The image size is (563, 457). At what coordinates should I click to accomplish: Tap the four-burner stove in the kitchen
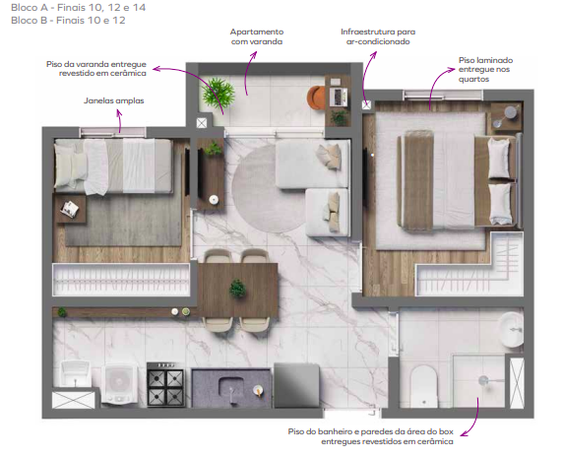165,383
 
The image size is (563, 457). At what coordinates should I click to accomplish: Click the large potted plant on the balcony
219,95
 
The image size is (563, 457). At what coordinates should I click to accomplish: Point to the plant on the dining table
237,289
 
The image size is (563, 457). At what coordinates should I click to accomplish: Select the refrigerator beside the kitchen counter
295,384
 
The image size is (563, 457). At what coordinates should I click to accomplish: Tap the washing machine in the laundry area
121,383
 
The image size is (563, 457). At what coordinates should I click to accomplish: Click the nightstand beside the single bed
72,208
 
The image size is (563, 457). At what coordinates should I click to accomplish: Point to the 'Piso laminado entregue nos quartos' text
485,69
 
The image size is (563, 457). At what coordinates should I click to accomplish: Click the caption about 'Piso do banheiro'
371,436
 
